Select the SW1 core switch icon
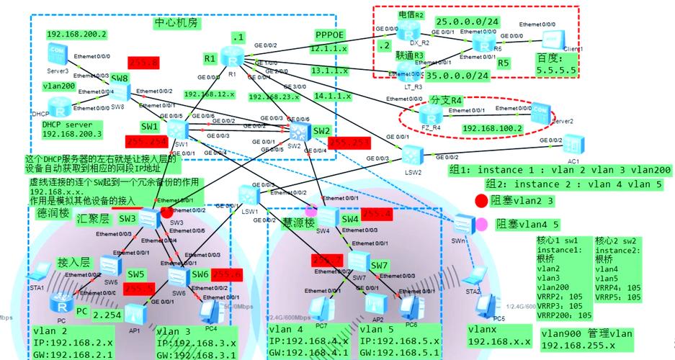(178, 129)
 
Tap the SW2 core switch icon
(296, 130)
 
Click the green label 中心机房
(176, 23)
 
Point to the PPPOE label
(331, 35)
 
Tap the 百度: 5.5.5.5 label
(556, 63)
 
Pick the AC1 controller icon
(575, 144)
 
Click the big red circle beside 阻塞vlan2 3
(481, 200)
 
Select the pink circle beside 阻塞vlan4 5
(481, 225)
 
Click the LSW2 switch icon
(414, 153)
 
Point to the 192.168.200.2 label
(76, 34)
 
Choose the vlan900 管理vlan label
(587, 333)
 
